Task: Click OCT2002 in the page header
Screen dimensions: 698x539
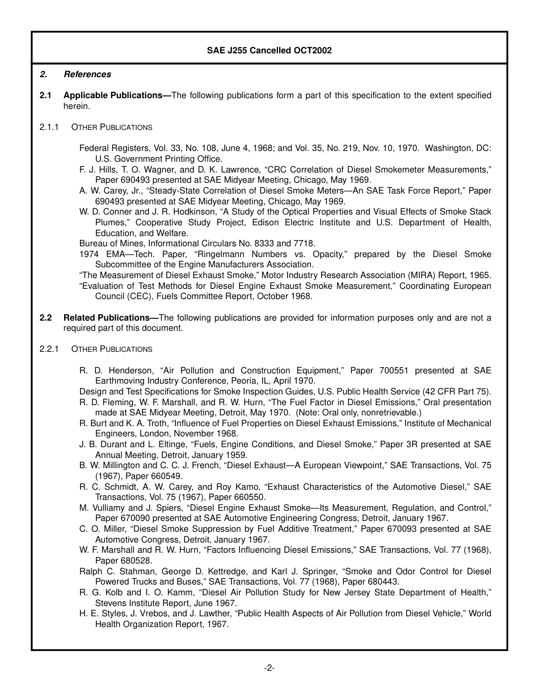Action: pos(313,51)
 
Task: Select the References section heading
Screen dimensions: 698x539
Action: pos(87,74)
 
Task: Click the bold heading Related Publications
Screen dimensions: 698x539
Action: pos(111,318)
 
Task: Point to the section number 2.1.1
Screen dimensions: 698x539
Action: pos(49,127)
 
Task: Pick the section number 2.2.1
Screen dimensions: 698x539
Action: pos(49,349)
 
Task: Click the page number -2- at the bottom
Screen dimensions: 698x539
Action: pos(269,668)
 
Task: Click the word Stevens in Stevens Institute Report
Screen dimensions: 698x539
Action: pos(110,603)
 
